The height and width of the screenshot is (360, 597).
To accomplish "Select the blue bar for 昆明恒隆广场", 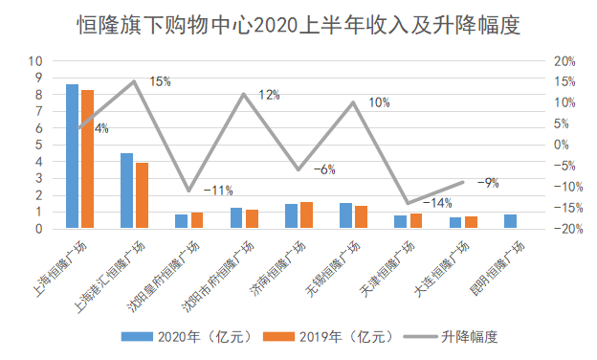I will click(x=510, y=222).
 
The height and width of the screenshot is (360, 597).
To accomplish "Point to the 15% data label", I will click(x=160, y=82).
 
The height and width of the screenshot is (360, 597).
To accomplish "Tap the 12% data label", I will click(x=269, y=95).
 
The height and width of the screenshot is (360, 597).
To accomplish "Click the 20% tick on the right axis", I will click(x=564, y=61).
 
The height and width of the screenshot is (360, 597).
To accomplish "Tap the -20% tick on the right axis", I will click(x=563, y=230).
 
